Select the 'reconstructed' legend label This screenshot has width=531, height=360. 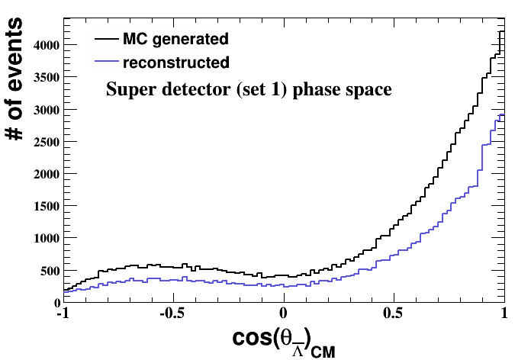[169, 61]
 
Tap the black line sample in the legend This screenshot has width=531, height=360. [105, 37]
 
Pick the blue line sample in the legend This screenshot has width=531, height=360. [105, 61]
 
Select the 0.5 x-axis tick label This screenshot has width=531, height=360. [394, 313]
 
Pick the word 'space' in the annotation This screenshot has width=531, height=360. [370, 91]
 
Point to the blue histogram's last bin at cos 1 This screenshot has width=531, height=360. [502, 115]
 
